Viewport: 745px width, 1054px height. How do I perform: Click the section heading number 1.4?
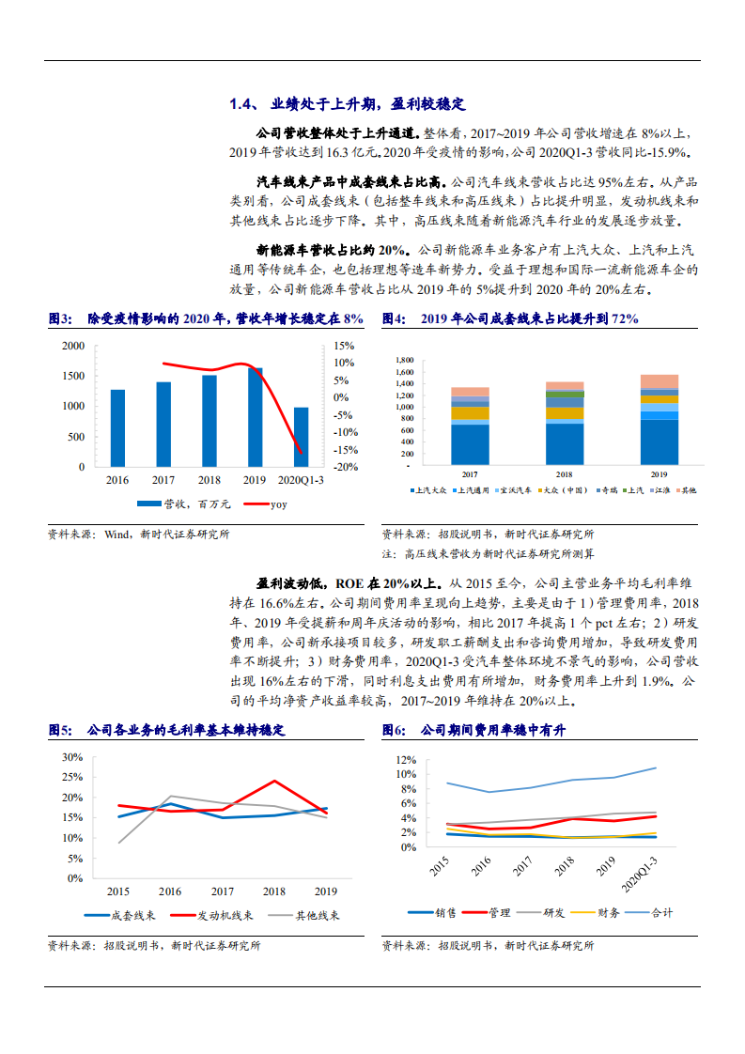(243, 103)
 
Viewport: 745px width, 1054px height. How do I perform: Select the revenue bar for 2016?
(117, 427)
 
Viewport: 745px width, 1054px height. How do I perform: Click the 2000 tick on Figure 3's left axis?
(73, 346)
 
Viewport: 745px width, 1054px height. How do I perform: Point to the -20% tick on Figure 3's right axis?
(345, 467)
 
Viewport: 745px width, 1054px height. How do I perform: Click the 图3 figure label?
(60, 319)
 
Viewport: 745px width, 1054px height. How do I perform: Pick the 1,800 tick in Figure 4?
(405, 360)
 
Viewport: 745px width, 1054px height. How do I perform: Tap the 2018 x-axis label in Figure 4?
(565, 474)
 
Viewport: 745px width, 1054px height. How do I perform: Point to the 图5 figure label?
(60, 729)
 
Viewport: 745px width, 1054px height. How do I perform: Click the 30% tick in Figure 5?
(71, 756)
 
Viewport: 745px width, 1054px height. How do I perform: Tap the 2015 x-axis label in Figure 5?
(117, 891)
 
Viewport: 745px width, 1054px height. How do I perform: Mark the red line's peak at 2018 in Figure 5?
(274, 781)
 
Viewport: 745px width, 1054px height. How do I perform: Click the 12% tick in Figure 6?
(406, 759)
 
